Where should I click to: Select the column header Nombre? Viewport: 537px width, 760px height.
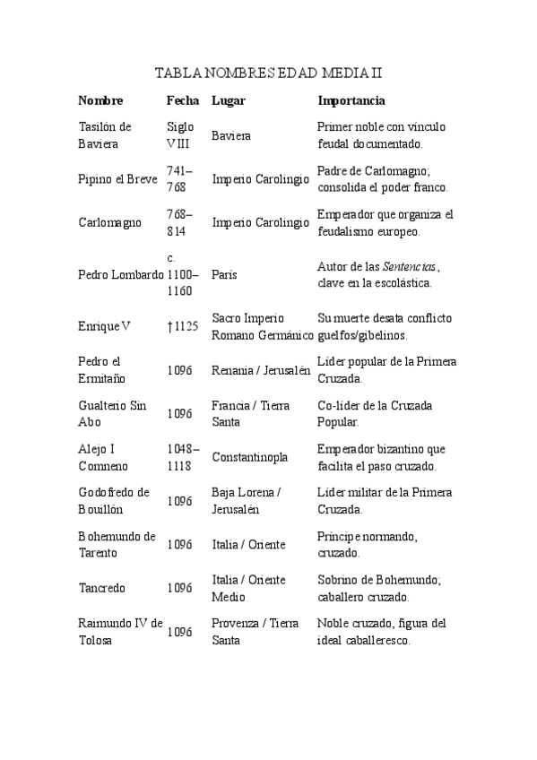pos(100,100)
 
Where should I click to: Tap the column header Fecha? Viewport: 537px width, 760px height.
pos(183,100)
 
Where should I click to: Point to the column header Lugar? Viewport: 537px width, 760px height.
pos(228,100)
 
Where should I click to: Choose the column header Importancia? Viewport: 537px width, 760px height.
pos(351,100)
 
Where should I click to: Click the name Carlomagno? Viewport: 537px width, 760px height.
pos(109,223)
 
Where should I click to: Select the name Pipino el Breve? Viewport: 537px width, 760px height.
pos(117,179)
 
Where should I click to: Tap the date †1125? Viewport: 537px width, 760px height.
pos(182,326)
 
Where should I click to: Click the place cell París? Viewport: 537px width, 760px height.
pos(224,274)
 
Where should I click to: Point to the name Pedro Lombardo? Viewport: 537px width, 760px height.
pos(120,274)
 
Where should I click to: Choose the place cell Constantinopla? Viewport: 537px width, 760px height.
pos(250,457)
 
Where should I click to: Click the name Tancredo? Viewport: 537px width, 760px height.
pos(102,589)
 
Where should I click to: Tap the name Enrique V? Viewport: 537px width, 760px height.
pos(104,326)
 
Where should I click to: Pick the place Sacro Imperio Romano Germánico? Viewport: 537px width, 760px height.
pos(262,326)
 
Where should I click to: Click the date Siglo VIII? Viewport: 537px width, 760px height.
pos(180,135)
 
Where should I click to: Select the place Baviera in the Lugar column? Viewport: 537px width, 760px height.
pos(231,136)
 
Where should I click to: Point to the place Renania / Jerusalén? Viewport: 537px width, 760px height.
pos(261,370)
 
